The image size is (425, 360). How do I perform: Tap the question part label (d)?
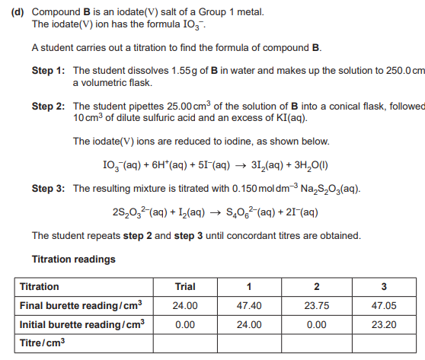coord(21,14)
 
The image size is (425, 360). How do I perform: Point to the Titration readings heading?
coord(73,259)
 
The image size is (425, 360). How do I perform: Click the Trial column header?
coord(185,287)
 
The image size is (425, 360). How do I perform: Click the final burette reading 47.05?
coord(383,305)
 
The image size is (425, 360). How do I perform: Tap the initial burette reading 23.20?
coord(383,323)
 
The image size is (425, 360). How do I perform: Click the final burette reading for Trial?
coord(185,305)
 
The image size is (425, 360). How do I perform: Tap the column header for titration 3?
coord(383,287)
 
